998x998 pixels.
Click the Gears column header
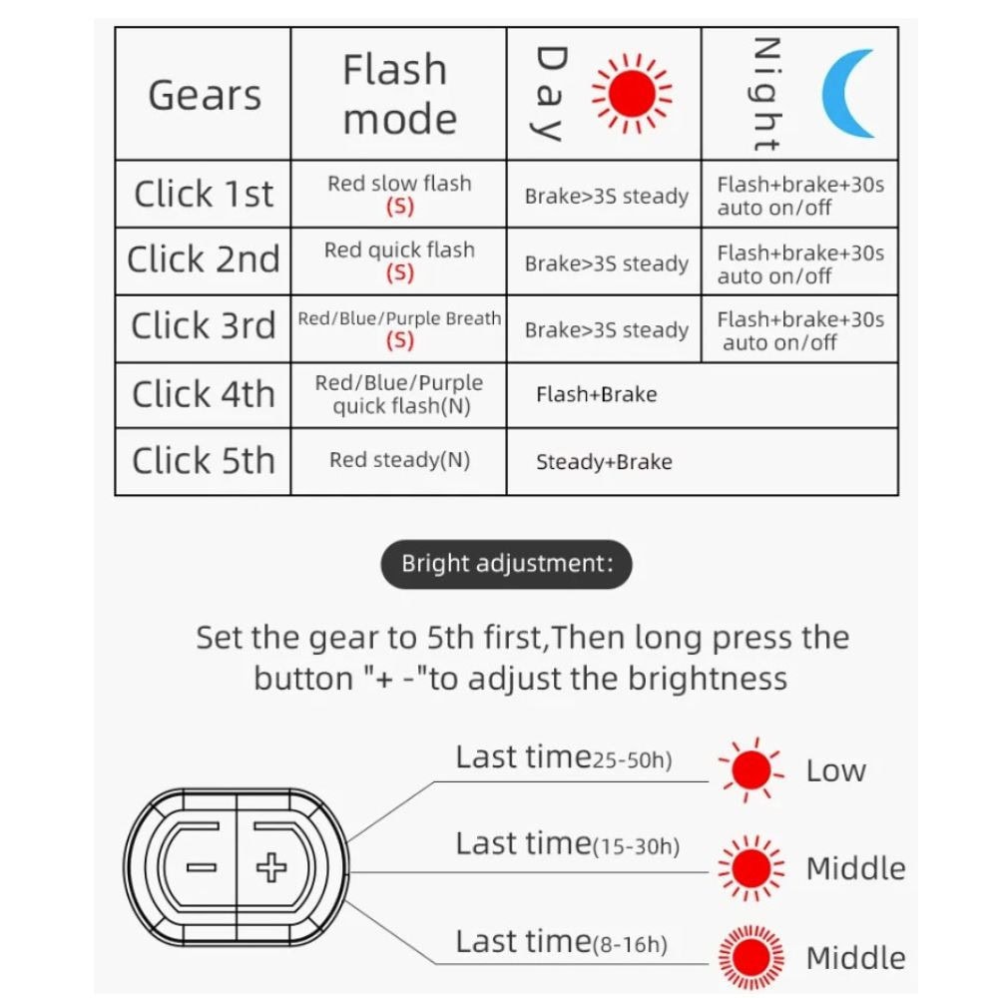point(205,96)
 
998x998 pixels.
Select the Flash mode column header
point(399,94)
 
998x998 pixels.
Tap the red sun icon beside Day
point(632,94)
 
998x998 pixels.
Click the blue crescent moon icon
point(848,94)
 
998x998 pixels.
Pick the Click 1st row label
point(204,194)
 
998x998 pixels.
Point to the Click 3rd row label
point(204,326)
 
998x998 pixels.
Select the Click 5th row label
point(204,460)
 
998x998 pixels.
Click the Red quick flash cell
point(400,260)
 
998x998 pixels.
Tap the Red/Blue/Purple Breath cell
point(400,328)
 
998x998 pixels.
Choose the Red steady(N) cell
point(400,460)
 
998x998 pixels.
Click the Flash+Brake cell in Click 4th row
point(597,394)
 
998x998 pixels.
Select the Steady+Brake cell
point(604,461)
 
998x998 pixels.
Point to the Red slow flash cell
point(400,195)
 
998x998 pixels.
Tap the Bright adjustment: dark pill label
point(507,564)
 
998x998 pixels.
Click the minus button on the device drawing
point(202,867)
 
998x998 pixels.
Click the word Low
point(835,770)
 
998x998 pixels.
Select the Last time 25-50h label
point(564,758)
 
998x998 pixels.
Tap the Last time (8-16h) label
point(561,942)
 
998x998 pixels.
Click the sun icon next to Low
point(751,769)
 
